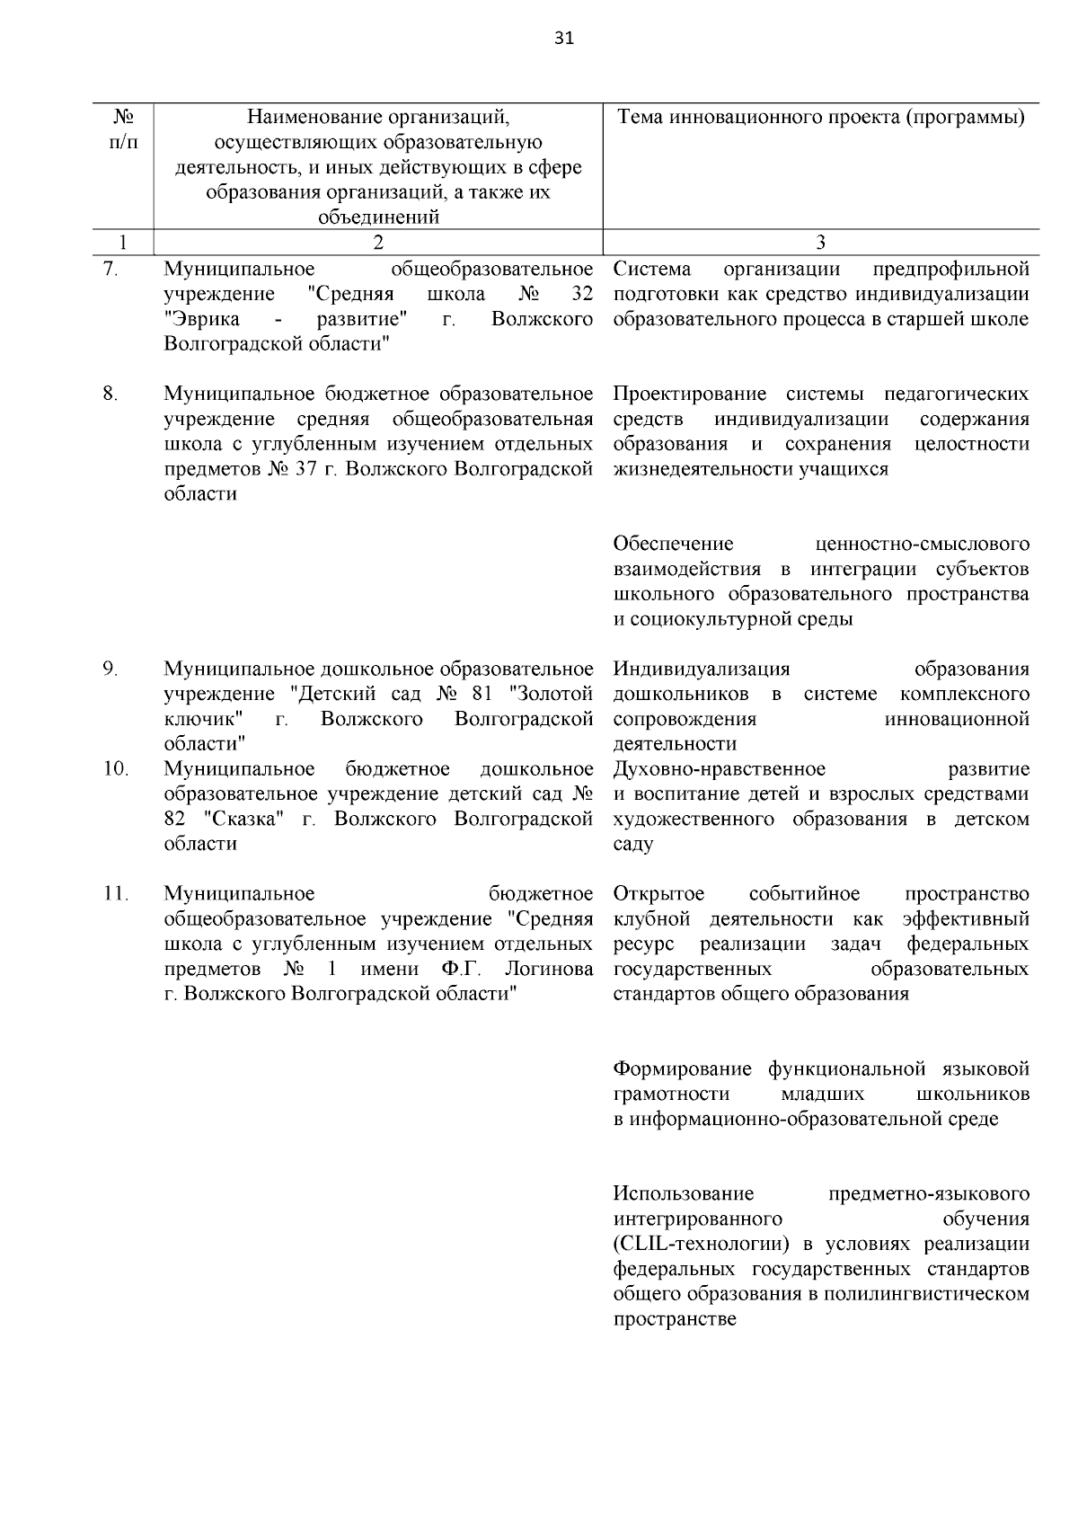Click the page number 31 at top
tap(564, 38)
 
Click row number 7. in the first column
tap(110, 269)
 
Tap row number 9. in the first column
tap(110, 669)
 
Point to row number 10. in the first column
tap(114, 769)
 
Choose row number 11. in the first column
tap(114, 894)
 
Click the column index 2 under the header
tap(377, 242)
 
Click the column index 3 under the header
tap(820, 242)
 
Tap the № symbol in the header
tap(124, 118)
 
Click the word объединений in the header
tap(378, 217)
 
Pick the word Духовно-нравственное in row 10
tap(719, 769)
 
